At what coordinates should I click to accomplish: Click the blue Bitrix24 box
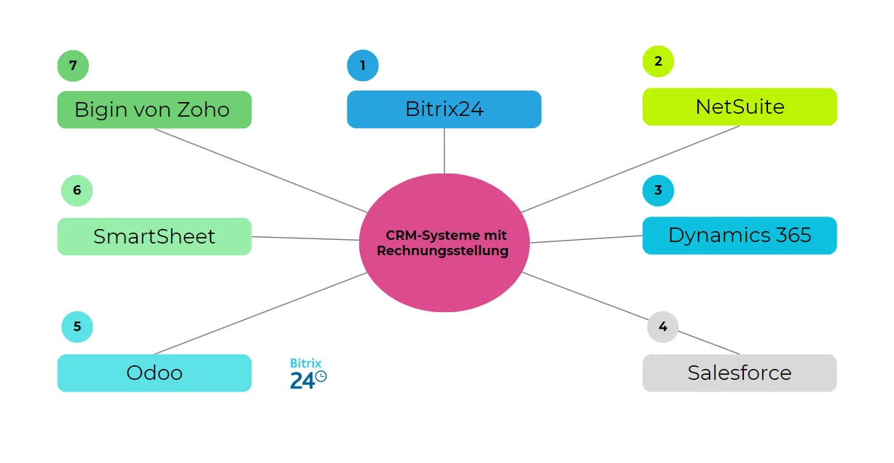444,109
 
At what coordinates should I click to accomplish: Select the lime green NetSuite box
740,107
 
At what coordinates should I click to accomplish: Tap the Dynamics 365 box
740,236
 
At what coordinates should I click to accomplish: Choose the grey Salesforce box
740,373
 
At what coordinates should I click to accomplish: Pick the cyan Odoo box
154,373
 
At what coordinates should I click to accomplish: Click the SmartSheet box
154,237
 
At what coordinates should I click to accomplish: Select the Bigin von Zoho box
154,110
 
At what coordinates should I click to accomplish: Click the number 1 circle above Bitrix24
363,66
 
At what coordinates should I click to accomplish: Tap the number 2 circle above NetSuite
658,61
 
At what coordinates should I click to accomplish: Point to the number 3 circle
658,190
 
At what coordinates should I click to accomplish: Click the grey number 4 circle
662,327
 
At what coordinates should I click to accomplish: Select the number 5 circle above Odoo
77,327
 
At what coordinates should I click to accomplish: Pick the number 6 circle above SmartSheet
77,191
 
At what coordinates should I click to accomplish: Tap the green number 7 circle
73,66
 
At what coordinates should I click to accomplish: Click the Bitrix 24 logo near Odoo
307,374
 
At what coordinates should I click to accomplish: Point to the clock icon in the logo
321,377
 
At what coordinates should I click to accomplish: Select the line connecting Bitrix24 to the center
444,151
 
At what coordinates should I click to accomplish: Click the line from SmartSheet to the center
306,238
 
